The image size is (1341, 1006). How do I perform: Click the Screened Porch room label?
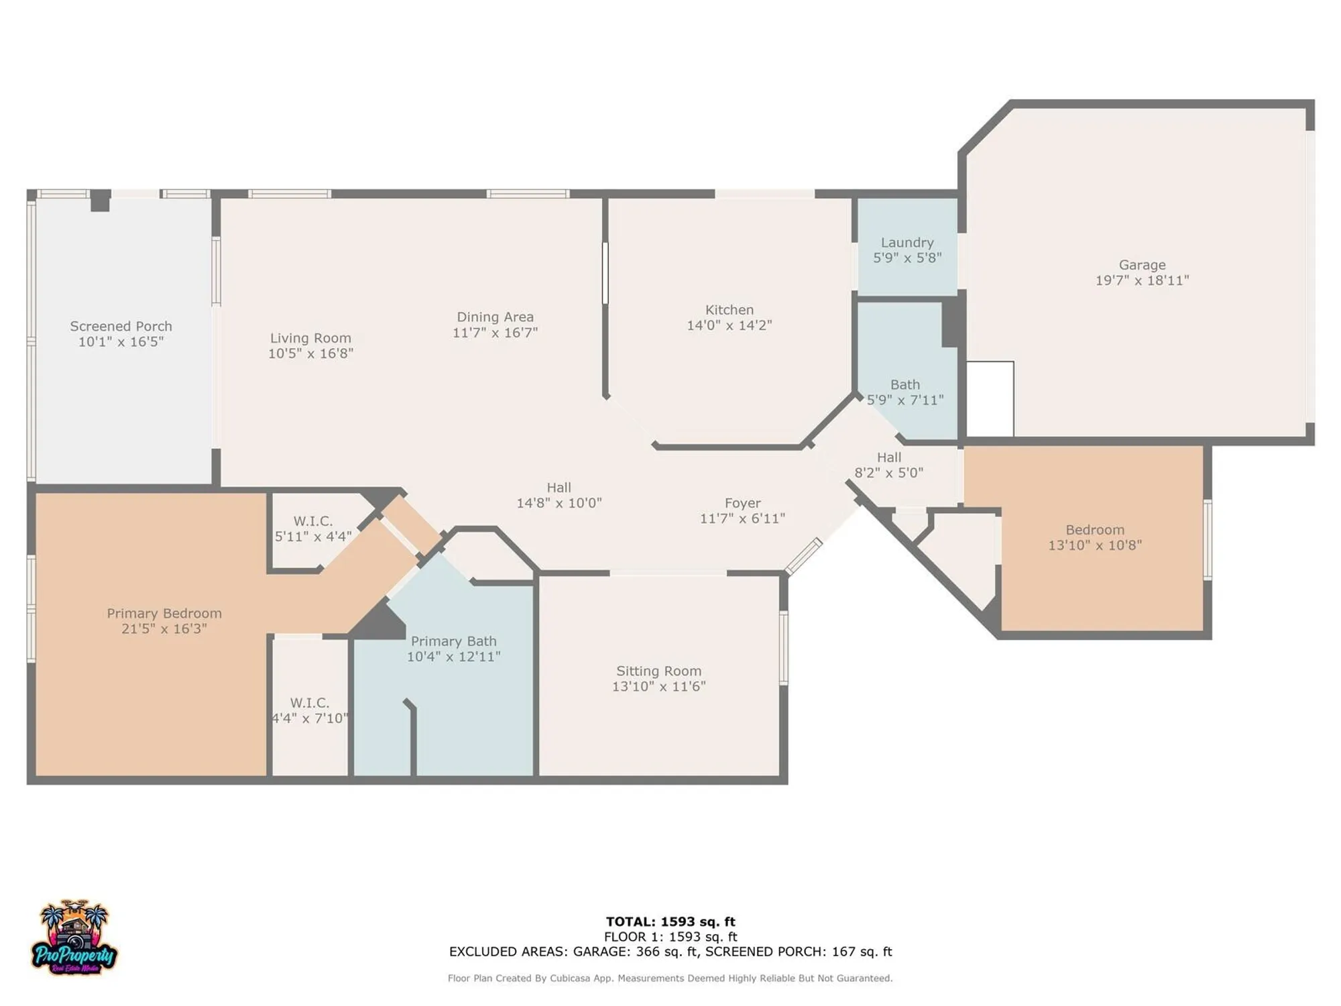[x=121, y=327]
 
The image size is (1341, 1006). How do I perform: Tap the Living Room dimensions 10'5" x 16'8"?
[x=310, y=353]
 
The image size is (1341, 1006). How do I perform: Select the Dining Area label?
[x=495, y=317]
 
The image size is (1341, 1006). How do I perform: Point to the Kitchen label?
[x=729, y=310]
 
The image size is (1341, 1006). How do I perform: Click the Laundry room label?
[x=907, y=243]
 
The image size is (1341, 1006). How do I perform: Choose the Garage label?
[x=1141, y=265]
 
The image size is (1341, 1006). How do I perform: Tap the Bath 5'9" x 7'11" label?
[x=905, y=392]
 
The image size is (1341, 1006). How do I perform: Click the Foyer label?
[x=742, y=503]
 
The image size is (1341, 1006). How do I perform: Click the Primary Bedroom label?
[x=164, y=614]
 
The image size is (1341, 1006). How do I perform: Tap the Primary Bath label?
[x=453, y=642]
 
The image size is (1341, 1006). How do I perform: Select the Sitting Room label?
[x=658, y=671]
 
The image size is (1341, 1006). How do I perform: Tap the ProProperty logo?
[x=74, y=939]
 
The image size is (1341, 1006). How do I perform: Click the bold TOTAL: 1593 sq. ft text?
[x=670, y=921]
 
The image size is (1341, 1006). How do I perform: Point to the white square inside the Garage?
[x=990, y=399]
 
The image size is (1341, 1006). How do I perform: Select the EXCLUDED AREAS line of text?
[x=670, y=952]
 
